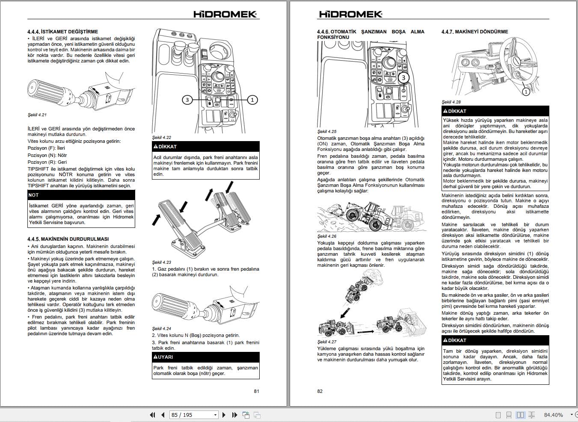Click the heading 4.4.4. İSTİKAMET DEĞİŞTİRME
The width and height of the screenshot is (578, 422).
tap(62, 32)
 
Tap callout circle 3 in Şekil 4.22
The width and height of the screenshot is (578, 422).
tap(187, 100)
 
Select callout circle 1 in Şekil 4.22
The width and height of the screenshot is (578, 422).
tap(252, 100)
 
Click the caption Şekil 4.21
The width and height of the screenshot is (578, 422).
tap(37, 115)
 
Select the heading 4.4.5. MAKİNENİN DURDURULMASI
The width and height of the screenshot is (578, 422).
tap(68, 239)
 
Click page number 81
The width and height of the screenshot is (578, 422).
tap(256, 391)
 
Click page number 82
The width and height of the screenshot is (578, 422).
tap(320, 391)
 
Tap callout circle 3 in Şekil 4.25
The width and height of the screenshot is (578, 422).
tap(403, 78)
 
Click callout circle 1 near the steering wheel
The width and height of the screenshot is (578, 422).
tap(526, 91)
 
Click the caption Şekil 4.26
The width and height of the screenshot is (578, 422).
tap(327, 236)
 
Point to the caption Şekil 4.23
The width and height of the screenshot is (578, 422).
tap(162, 262)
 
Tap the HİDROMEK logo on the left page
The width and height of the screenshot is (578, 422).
tap(225, 14)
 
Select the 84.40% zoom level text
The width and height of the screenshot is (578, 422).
tap(553, 415)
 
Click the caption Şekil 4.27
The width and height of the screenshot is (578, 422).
tap(327, 342)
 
